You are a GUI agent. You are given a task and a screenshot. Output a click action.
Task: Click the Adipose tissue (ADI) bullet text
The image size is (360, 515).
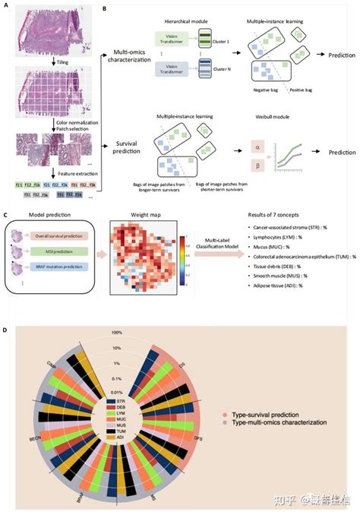pos(275,285)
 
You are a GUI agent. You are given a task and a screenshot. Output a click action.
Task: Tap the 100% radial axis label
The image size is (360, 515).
pos(117,332)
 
